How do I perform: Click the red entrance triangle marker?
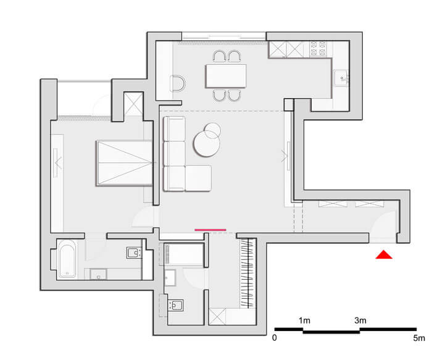pyautogui.click(x=384, y=255)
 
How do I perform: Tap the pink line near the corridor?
pyautogui.click(x=210, y=230)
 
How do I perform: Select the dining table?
pyautogui.click(x=226, y=76)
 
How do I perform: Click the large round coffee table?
pyautogui.click(x=207, y=144)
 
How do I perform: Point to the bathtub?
pyautogui.click(x=67, y=259)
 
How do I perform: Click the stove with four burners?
pyautogui.click(x=318, y=49)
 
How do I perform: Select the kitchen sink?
pyautogui.click(x=342, y=78)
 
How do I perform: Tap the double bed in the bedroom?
pyautogui.click(x=125, y=163)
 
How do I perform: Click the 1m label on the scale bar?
pyautogui.click(x=304, y=320)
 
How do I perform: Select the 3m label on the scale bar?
pyautogui.click(x=360, y=320)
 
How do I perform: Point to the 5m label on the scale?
pyautogui.click(x=419, y=338)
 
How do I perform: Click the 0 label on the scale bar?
pyautogui.click(x=275, y=338)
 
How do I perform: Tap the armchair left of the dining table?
pyautogui.click(x=178, y=83)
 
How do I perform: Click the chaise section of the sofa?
pyautogui.click(x=198, y=178)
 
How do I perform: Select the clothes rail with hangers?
pyautogui.click(x=247, y=273)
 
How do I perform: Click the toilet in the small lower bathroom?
pyautogui.click(x=176, y=305)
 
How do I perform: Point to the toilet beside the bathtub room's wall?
pyautogui.click(x=134, y=253)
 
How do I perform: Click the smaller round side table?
pyautogui.click(x=212, y=131)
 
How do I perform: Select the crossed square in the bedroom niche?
pyautogui.click(x=133, y=104)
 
